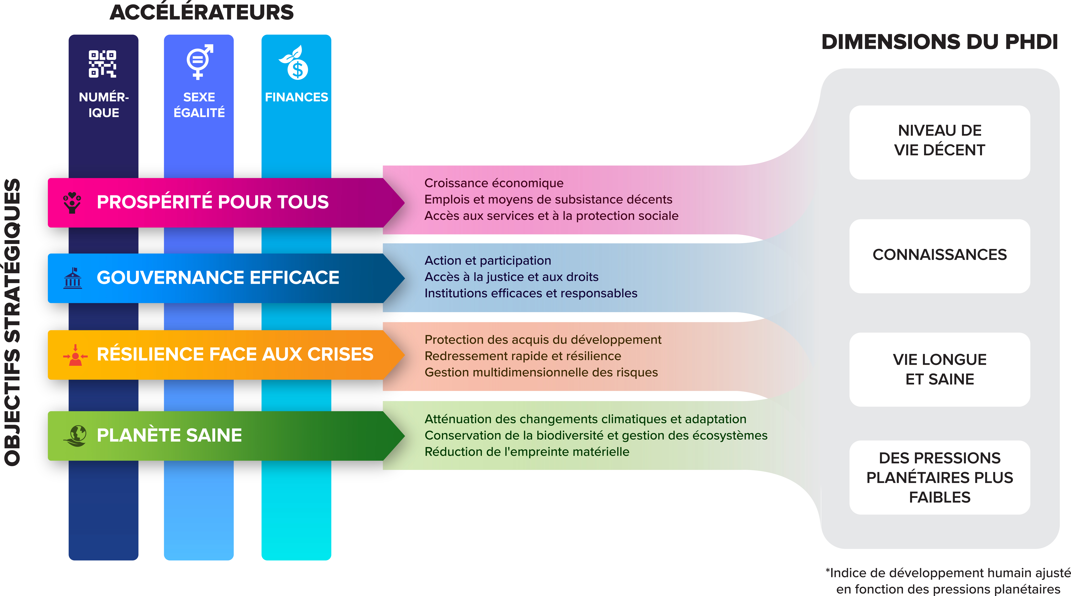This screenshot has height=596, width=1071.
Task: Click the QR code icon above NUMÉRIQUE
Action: [x=102, y=64]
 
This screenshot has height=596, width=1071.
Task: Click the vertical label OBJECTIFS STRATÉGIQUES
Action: [x=12, y=322]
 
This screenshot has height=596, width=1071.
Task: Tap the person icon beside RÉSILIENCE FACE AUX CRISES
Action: [x=75, y=355]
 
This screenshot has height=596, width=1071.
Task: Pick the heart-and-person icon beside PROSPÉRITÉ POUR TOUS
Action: [x=72, y=202]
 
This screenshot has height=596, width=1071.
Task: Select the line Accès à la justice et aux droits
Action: [x=511, y=277]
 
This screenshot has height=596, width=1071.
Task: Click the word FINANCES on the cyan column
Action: [x=296, y=97]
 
